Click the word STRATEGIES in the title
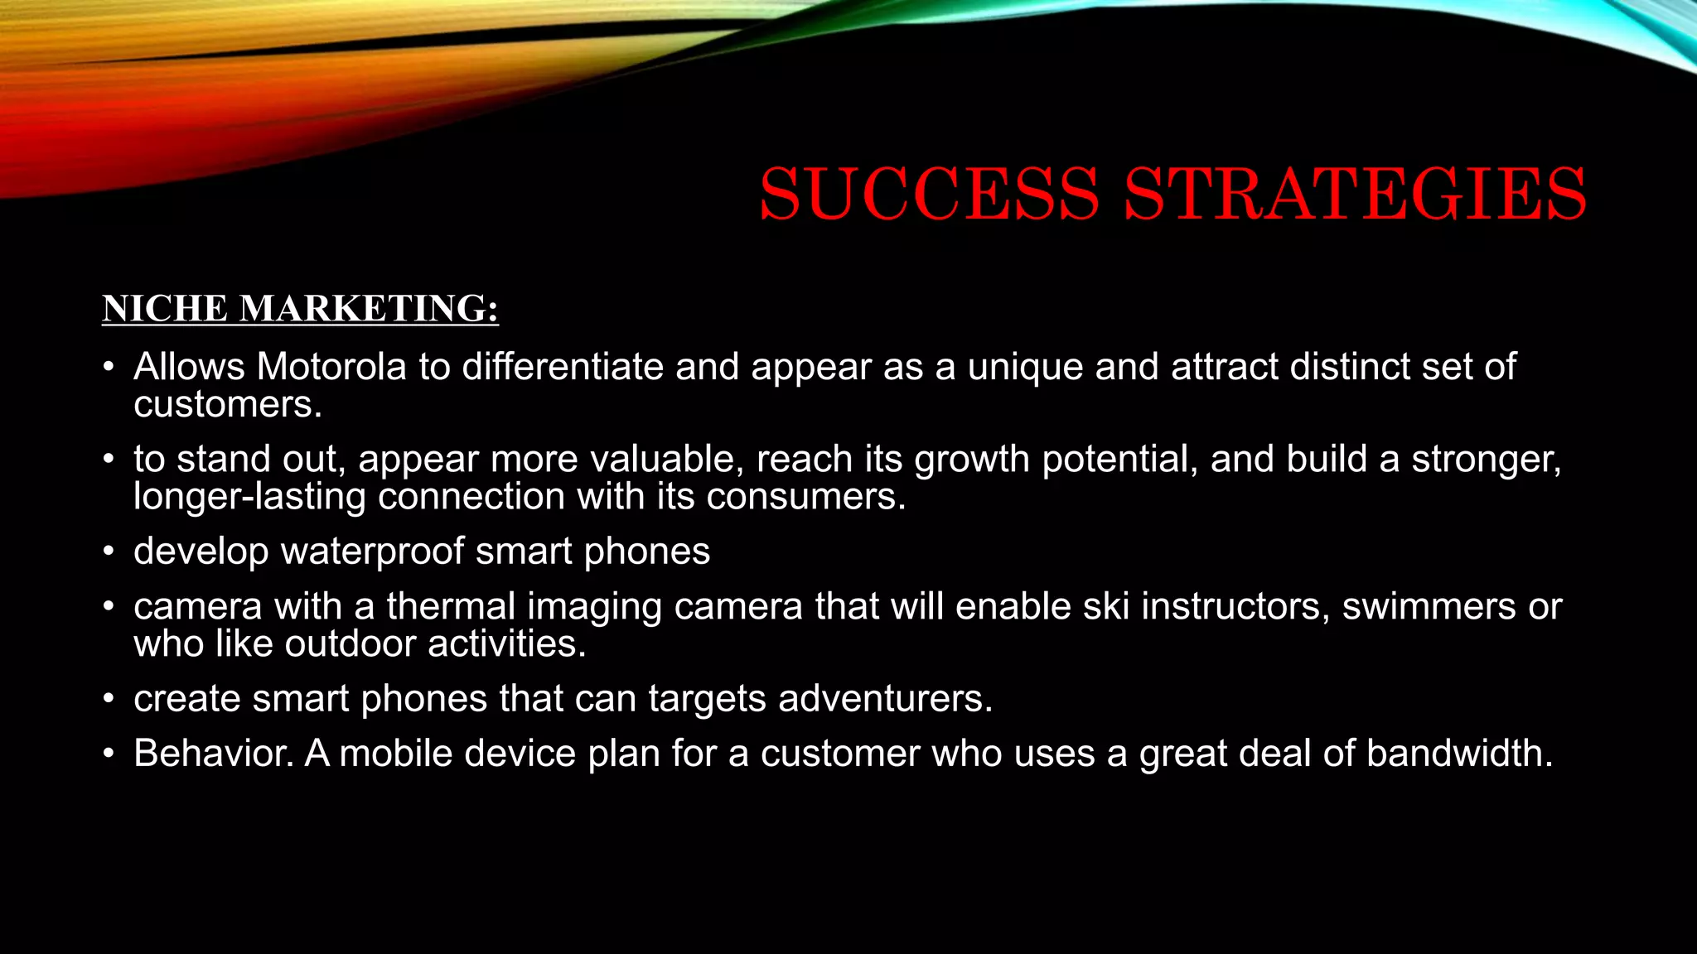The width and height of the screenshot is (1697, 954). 1355,194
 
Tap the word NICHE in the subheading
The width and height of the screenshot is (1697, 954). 165,309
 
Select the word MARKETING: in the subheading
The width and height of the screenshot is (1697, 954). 369,309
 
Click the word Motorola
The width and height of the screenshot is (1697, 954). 331,367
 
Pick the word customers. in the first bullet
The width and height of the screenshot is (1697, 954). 227,405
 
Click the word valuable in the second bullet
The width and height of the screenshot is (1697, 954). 666,460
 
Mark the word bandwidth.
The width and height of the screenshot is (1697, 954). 1459,754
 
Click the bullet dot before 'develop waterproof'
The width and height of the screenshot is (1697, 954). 108,552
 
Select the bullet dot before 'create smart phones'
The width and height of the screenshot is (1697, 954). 108,700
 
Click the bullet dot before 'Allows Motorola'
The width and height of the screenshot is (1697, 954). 108,368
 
